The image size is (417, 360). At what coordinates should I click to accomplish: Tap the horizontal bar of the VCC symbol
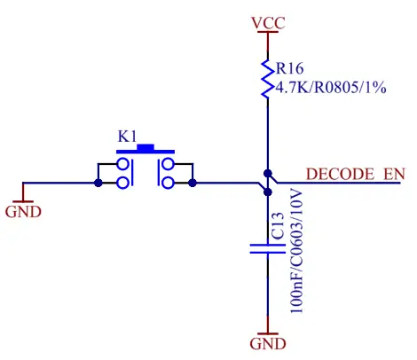(266, 34)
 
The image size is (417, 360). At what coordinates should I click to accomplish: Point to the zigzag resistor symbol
(266, 78)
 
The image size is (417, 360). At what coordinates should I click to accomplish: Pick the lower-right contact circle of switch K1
(166, 183)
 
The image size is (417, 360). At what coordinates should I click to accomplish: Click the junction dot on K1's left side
(98, 184)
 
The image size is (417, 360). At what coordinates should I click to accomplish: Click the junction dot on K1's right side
(193, 184)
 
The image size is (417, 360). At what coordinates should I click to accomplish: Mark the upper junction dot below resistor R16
(266, 173)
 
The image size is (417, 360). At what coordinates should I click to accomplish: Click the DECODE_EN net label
(356, 174)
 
